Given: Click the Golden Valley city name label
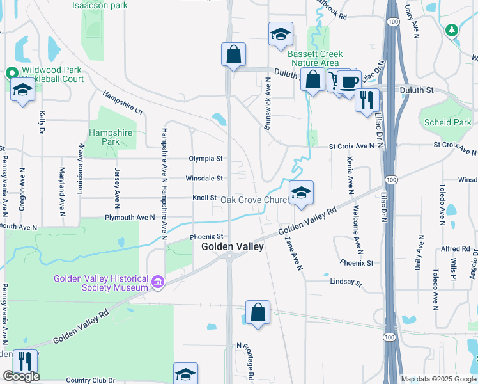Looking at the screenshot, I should coord(233,246).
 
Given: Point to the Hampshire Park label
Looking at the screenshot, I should coord(111,137).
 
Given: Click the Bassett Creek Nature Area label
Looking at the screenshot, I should coord(315,58).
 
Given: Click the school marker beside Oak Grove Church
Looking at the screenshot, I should coord(302,192).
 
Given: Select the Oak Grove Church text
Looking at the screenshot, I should coord(256,200).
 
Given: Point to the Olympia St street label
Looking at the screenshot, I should coord(205,158).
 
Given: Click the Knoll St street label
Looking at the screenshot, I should coord(205,198).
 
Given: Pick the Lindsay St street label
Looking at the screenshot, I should coord(346,282).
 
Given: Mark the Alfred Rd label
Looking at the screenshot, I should coord(456,249).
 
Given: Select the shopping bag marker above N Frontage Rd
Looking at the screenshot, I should coord(258,313).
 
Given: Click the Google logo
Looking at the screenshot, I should coord(21,376).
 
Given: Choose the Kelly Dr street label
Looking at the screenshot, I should coord(42,122).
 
